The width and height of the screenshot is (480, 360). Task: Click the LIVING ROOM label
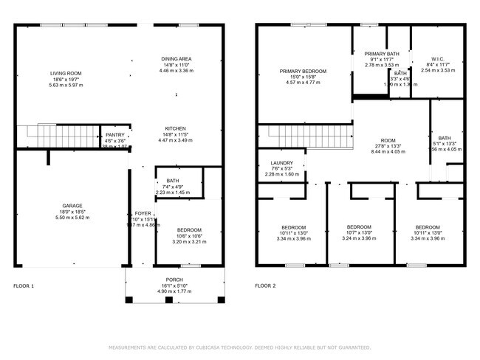(66, 74)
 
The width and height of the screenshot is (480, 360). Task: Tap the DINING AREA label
(176, 59)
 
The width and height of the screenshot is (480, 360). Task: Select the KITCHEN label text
(176, 128)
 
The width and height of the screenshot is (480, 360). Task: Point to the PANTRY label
(115, 135)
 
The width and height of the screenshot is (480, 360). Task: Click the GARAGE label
(72, 206)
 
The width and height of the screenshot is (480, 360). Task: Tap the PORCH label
(174, 280)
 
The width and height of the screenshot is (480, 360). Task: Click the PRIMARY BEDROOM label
(303, 72)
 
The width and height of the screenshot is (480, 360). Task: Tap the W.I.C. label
(436, 59)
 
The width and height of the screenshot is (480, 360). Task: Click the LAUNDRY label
(282, 163)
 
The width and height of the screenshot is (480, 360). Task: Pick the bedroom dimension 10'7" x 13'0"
(359, 232)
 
